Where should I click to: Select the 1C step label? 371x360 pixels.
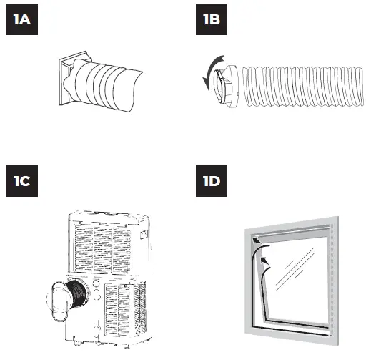click(x=22, y=181)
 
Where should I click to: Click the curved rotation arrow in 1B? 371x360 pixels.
click(x=208, y=76)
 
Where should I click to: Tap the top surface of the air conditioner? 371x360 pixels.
click(x=107, y=214)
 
